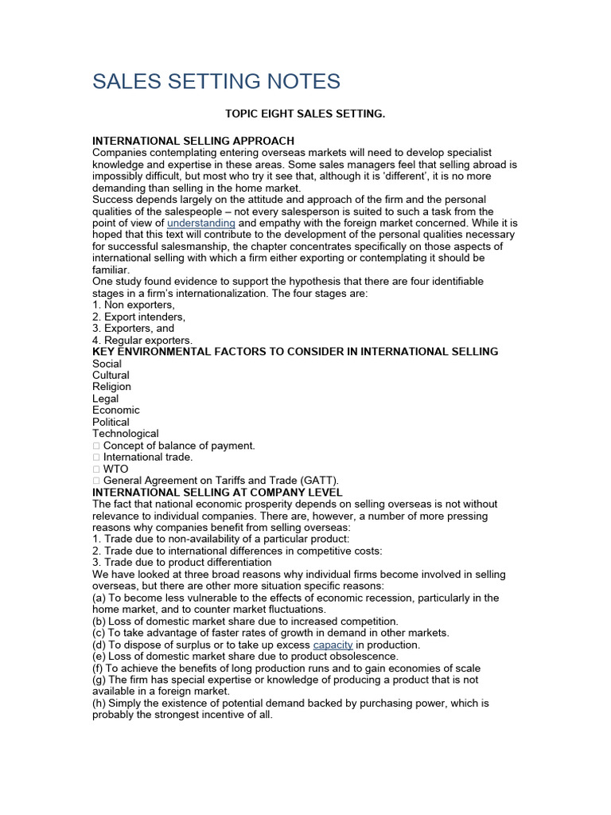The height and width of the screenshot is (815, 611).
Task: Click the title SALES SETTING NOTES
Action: coord(216,81)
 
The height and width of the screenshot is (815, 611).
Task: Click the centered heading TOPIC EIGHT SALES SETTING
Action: coord(305,115)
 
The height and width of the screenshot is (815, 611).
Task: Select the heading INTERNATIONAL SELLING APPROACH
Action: coord(193,141)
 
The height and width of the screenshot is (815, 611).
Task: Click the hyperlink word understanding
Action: coord(200,224)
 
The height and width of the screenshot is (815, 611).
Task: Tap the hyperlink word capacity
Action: coord(333,645)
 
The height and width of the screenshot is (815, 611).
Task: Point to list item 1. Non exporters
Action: coord(134,305)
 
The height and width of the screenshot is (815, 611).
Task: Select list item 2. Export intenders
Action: coord(138,317)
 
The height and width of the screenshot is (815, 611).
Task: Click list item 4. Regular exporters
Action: coord(142,341)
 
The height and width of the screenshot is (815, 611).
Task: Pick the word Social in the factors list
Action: coord(107,364)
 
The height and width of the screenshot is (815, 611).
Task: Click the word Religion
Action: coord(111,387)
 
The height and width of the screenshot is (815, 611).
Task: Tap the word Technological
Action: coord(125,434)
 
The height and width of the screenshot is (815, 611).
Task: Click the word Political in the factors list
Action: coord(111,422)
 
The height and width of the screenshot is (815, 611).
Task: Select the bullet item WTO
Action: coord(115,469)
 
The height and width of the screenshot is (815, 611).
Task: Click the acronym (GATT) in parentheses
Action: coord(318,481)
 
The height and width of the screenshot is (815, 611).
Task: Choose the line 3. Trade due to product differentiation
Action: coord(181,563)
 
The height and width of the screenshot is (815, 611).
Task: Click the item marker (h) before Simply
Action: coord(99,704)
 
